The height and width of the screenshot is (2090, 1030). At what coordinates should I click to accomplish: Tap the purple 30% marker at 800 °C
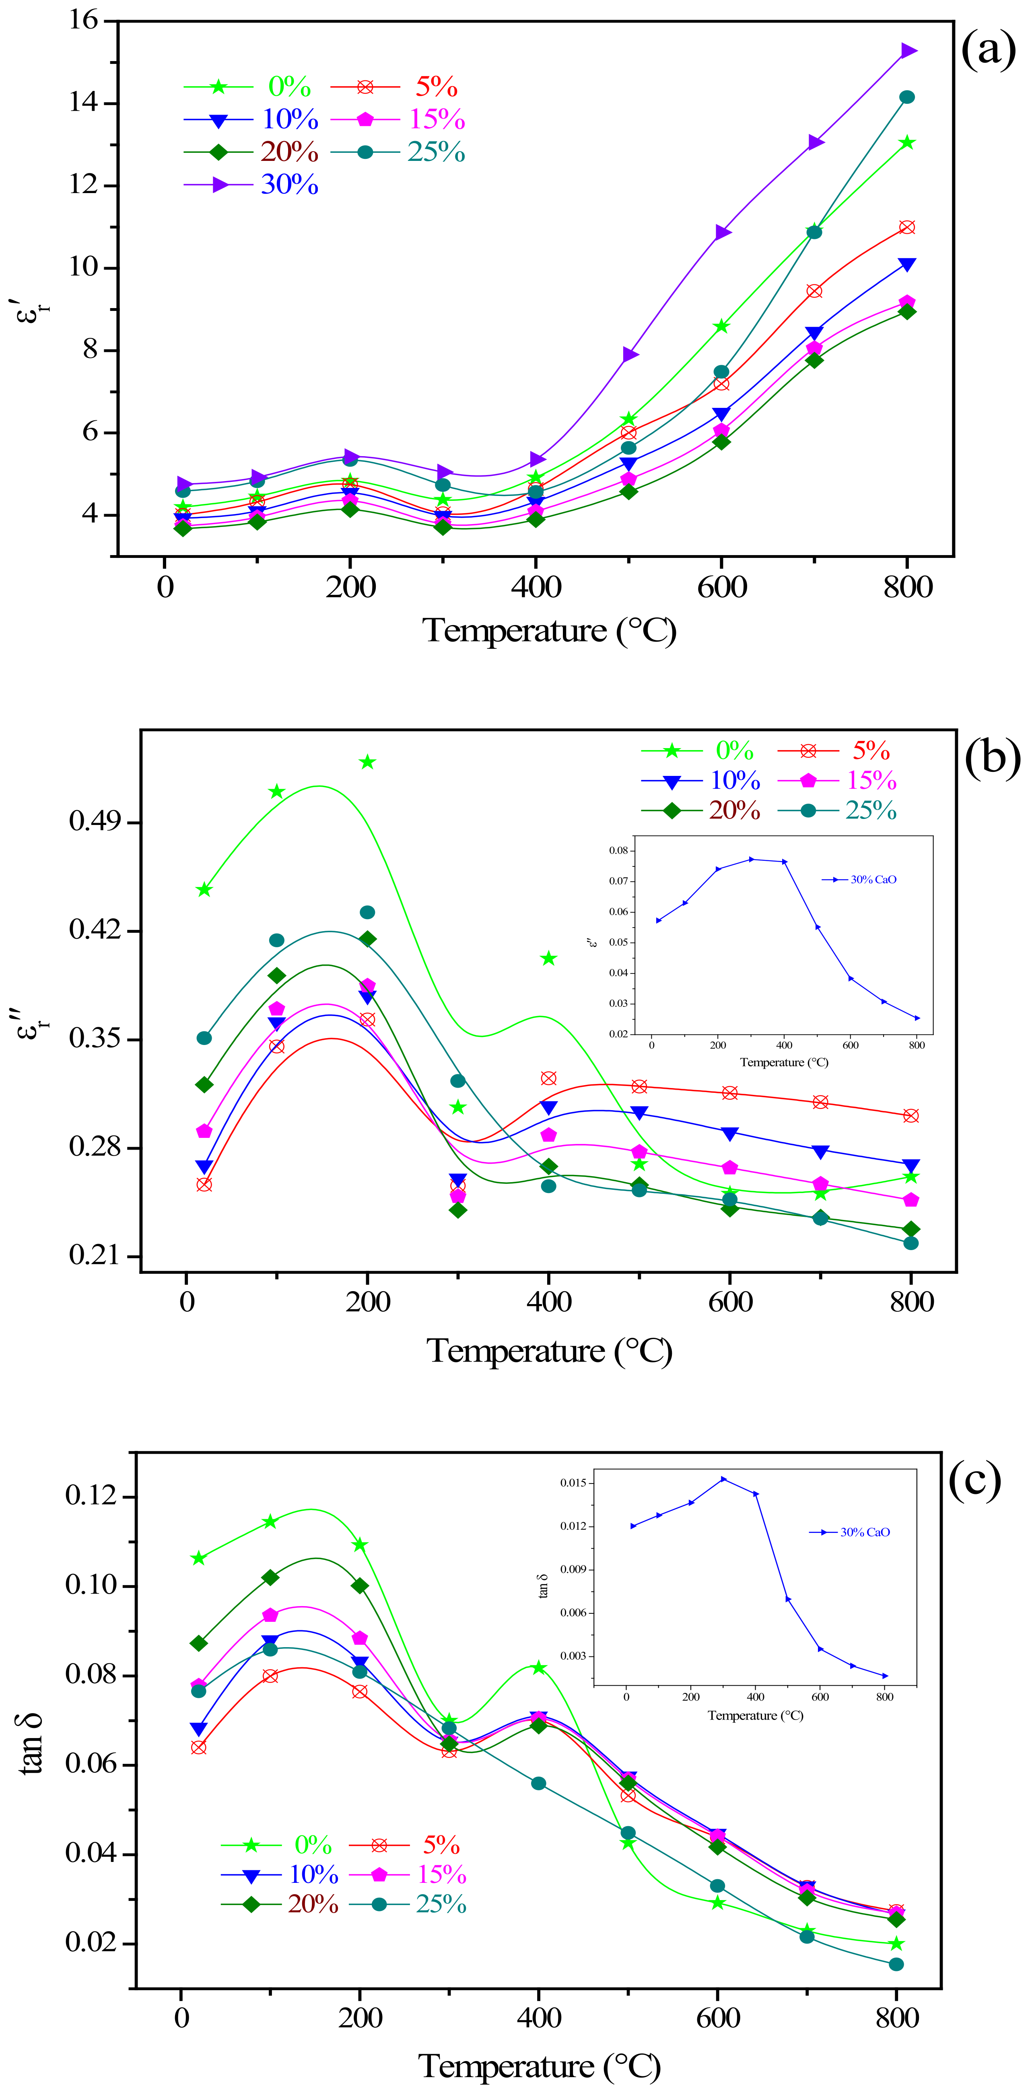(x=908, y=51)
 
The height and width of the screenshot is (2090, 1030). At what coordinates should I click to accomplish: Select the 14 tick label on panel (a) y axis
(x=83, y=103)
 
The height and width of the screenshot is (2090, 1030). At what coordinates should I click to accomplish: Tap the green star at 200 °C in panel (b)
(x=368, y=762)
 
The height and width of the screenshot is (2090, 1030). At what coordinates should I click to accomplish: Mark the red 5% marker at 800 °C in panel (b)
(x=911, y=1115)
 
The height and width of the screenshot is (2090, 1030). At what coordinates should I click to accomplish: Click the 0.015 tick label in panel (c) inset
(x=573, y=1483)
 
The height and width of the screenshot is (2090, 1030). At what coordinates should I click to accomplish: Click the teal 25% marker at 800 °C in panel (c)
(x=896, y=1964)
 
